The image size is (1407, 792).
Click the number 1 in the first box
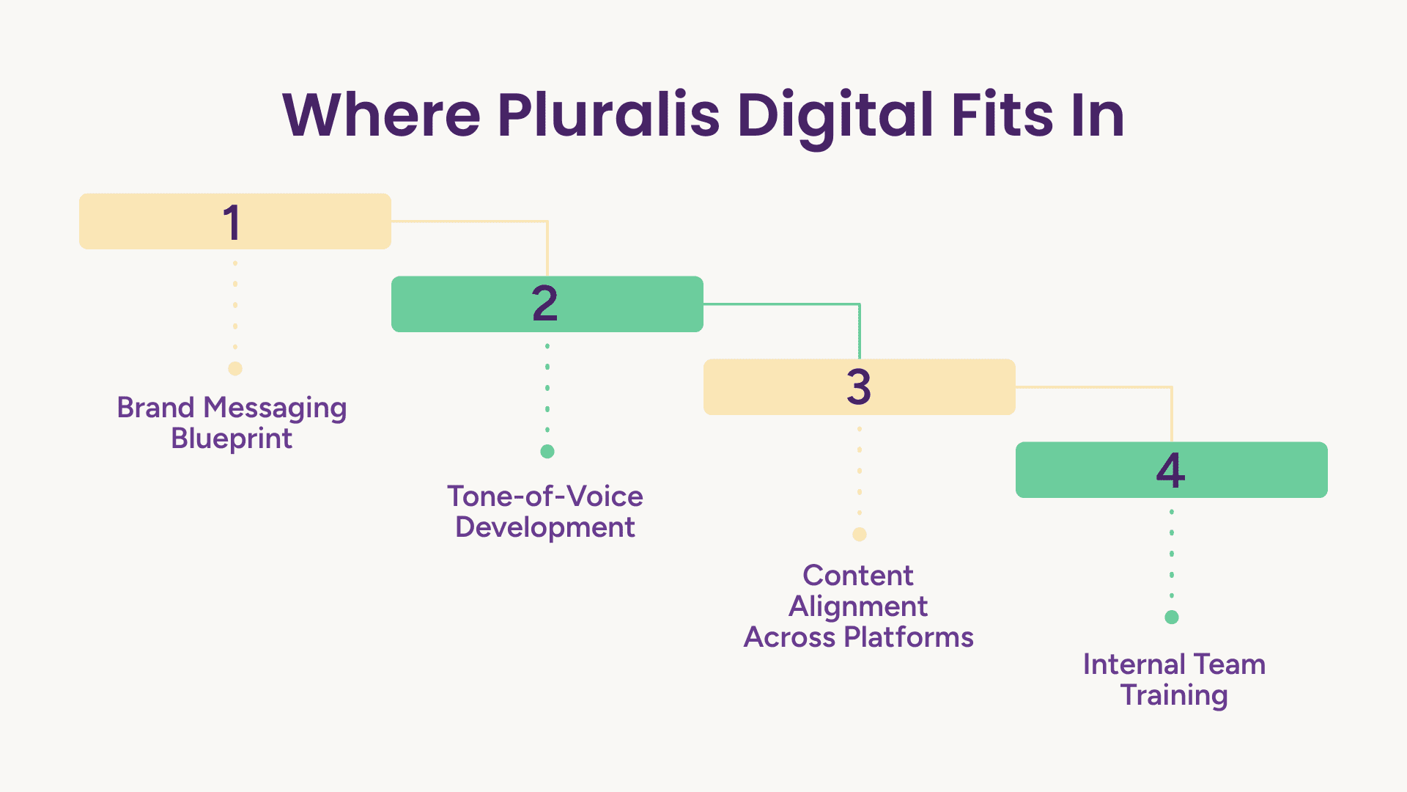(232, 222)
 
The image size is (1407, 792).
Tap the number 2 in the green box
(545, 304)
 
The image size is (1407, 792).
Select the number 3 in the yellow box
(859, 387)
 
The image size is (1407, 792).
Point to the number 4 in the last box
(1171, 470)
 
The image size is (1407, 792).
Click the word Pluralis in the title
(609, 115)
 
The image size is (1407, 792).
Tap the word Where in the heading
(381, 115)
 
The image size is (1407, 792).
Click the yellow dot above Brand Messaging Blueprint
(235, 369)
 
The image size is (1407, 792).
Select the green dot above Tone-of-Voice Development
(547, 452)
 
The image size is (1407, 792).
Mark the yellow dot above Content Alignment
(860, 535)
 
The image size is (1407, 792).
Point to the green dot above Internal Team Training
(1172, 617)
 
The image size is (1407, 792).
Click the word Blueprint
(232, 439)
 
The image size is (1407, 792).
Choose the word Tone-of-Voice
(545, 496)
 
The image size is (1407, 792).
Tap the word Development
(545, 528)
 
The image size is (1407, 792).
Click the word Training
(1174, 696)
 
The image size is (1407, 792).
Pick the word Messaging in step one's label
(275, 408)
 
